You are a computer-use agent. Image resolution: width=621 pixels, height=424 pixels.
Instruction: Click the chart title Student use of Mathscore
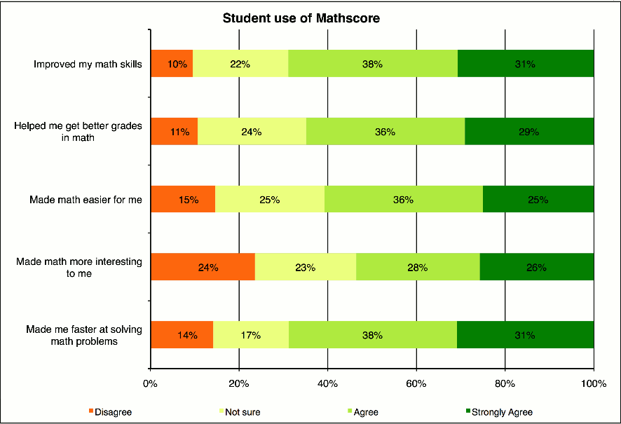pyautogui.click(x=301, y=18)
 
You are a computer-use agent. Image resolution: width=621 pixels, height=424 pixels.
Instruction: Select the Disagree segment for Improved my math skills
pyautogui.click(x=172, y=64)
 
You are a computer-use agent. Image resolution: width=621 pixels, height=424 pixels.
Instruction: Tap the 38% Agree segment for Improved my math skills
pyautogui.click(x=372, y=64)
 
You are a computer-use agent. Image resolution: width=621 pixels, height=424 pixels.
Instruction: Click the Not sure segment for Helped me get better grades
pyautogui.click(x=252, y=131)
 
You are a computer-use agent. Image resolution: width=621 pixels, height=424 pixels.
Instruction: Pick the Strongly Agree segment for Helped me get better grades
pyautogui.click(x=529, y=131)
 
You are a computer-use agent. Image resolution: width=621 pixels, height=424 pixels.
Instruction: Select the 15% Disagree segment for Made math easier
pyautogui.click(x=183, y=199)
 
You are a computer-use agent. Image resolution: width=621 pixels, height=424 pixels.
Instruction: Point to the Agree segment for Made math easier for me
pyautogui.click(x=403, y=199)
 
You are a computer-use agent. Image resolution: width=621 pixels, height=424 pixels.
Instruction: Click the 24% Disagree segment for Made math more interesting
pyautogui.click(x=203, y=267)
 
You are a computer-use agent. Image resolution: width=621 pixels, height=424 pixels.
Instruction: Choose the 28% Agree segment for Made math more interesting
pyautogui.click(x=417, y=267)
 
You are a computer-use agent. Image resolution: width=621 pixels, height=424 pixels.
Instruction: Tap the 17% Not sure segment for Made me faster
pyautogui.click(x=250, y=335)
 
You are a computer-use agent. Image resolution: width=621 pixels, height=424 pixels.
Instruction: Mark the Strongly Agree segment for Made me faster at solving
pyautogui.click(x=525, y=335)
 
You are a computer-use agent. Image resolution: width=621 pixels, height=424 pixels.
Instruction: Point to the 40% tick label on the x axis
pyautogui.click(x=327, y=383)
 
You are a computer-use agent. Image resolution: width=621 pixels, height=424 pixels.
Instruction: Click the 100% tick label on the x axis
pyautogui.click(x=593, y=383)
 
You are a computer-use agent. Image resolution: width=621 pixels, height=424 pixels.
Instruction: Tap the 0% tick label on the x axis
pyautogui.click(x=150, y=383)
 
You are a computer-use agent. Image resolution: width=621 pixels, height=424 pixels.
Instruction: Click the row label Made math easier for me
pyautogui.click(x=86, y=200)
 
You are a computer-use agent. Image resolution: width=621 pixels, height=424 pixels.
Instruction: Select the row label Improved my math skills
pyautogui.click(x=88, y=64)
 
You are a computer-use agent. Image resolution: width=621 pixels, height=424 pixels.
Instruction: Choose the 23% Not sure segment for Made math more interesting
pyautogui.click(x=305, y=267)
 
